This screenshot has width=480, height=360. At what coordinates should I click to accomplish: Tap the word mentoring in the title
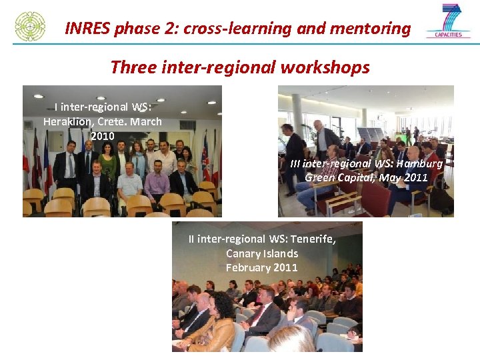click(x=377, y=29)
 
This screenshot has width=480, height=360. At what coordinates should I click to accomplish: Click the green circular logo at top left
click(x=30, y=26)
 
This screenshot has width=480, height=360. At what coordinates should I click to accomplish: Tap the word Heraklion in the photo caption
click(x=67, y=121)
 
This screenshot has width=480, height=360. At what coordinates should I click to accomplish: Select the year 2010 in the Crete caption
click(x=103, y=136)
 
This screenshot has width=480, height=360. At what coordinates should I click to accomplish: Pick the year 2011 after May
click(x=414, y=177)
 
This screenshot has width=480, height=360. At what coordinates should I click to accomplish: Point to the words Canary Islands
click(x=262, y=253)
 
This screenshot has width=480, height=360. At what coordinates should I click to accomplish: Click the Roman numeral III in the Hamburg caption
click(x=295, y=163)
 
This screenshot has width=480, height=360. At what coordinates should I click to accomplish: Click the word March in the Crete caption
click(x=146, y=121)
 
